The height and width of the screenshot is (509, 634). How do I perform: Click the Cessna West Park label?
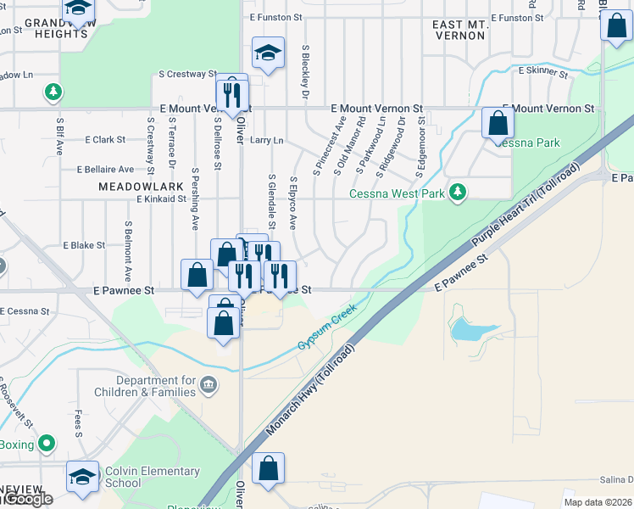click(x=398, y=193)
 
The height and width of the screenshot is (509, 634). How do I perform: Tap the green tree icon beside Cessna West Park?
click(x=459, y=193)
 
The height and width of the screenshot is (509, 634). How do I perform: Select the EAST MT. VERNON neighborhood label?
click(x=460, y=31)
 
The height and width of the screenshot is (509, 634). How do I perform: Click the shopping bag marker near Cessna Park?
click(x=497, y=124)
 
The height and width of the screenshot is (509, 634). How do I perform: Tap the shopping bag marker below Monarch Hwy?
click(x=268, y=470)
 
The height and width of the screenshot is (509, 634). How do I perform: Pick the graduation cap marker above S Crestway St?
click(x=267, y=55)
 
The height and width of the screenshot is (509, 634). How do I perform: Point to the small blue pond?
click(x=468, y=329)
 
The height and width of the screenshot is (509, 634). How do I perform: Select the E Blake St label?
click(x=84, y=245)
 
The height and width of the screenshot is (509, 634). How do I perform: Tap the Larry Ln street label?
click(x=266, y=140)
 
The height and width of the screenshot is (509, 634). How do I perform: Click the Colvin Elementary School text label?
click(x=152, y=477)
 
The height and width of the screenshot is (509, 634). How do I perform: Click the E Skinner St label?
click(x=542, y=72)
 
